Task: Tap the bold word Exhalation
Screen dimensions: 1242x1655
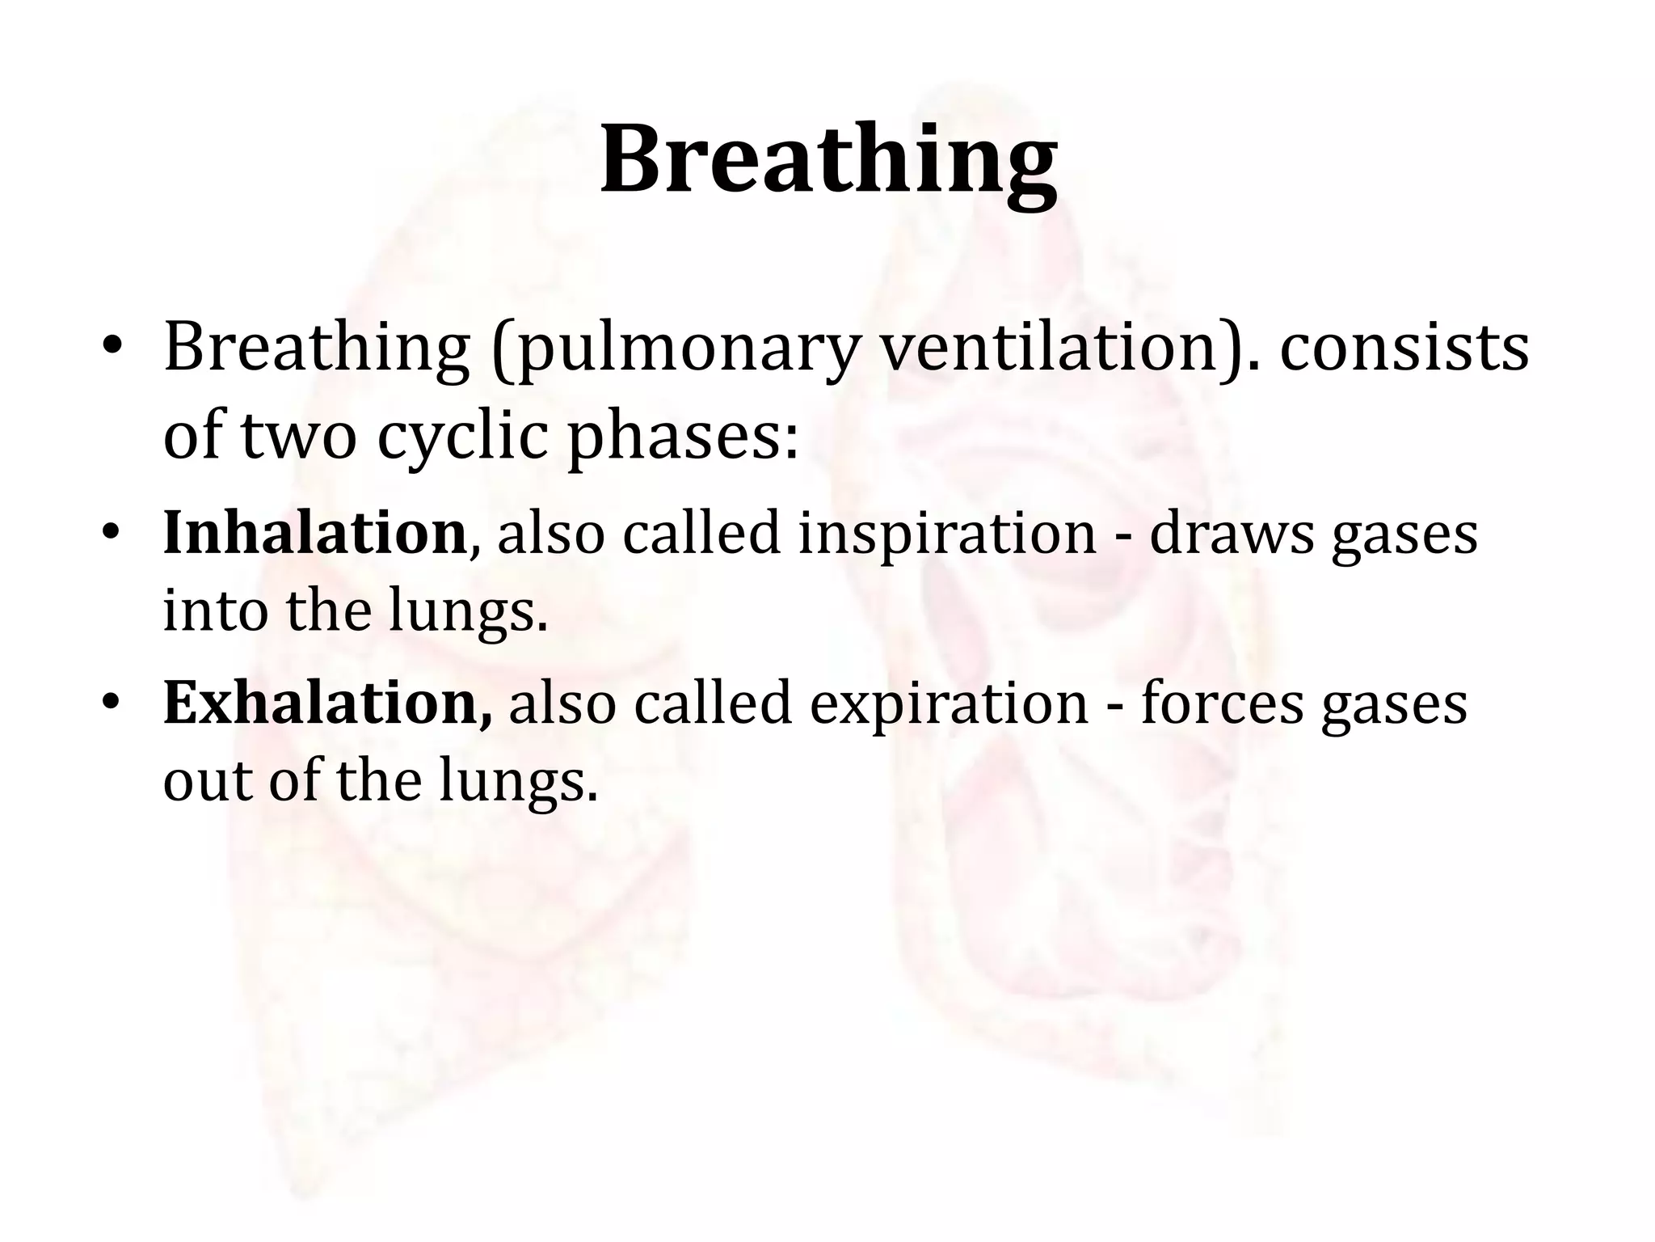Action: (326, 703)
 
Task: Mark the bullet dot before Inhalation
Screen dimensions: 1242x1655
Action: (112, 534)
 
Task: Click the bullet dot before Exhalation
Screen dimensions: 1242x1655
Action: (112, 703)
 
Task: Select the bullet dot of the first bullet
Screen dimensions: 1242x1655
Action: (112, 348)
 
